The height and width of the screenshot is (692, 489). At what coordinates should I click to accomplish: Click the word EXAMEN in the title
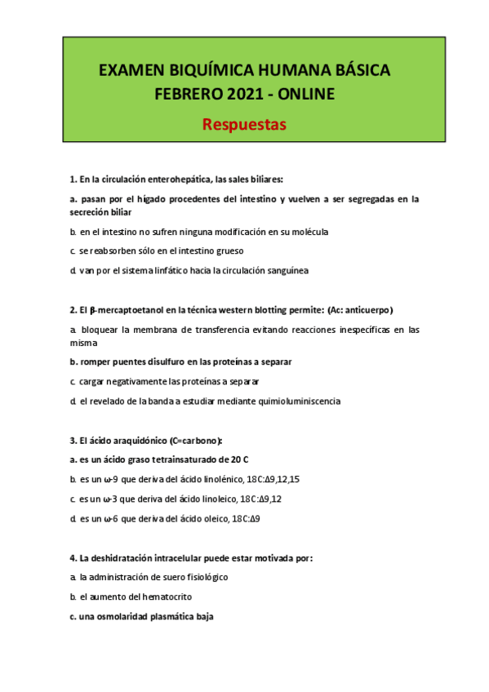coord(131,72)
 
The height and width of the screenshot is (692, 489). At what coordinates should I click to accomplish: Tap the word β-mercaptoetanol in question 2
coord(116,310)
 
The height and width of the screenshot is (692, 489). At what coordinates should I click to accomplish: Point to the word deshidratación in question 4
coord(122,558)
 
